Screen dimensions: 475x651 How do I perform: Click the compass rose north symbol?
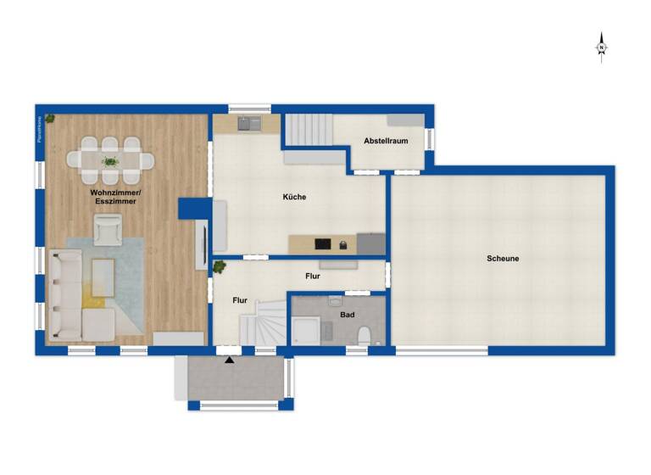[x=601, y=47]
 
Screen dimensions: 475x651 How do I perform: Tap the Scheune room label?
[x=503, y=259]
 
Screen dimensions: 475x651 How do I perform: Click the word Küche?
[x=294, y=197]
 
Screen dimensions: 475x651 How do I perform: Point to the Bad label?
[x=348, y=315]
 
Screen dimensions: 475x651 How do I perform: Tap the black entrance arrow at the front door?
[x=229, y=360]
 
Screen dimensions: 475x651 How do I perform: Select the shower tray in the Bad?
[x=306, y=331]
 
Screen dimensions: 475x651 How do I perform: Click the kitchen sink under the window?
[x=249, y=124]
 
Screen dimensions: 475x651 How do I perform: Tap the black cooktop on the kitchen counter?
[x=322, y=244]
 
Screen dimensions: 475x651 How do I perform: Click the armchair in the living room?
[x=108, y=229]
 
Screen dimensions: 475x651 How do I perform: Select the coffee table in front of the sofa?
[x=103, y=277]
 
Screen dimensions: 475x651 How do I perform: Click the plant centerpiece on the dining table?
[x=109, y=159]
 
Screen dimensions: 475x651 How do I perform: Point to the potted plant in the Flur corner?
[x=220, y=267]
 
